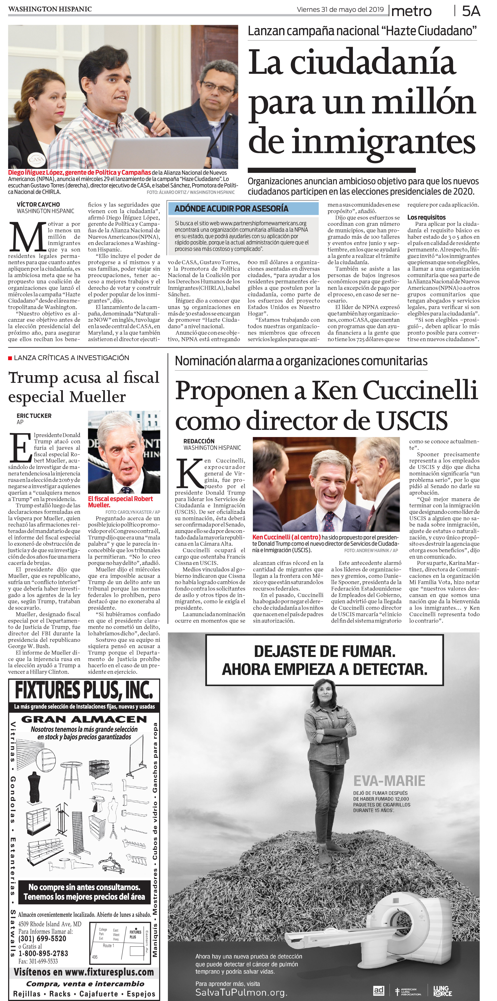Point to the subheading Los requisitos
426,217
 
